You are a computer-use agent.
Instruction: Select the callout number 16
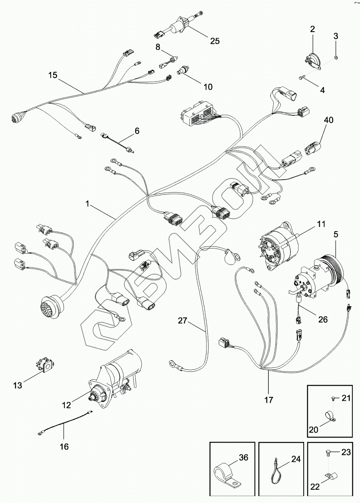64,446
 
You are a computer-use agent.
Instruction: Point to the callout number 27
182,320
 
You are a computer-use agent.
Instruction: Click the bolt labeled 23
328,453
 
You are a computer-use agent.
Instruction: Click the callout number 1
87,204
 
